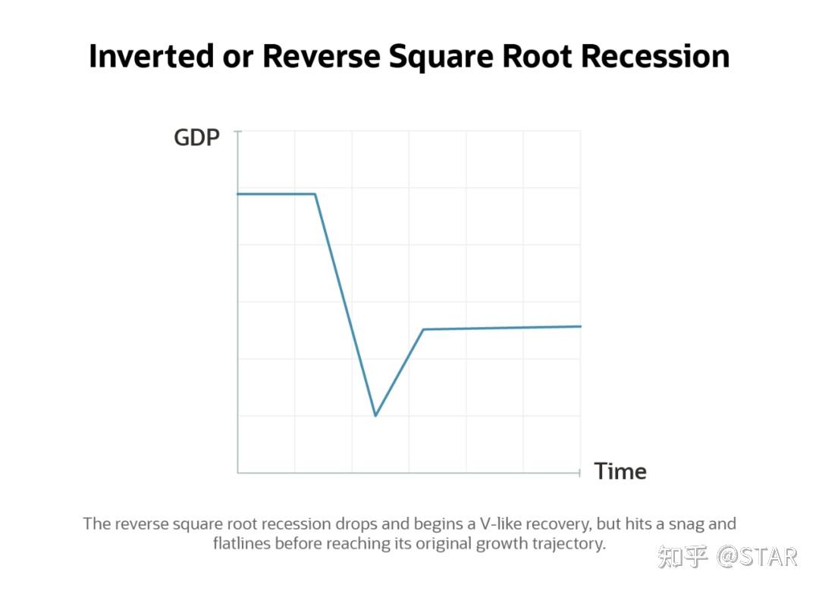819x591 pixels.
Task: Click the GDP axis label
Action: tap(196, 138)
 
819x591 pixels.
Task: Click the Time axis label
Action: tap(620, 471)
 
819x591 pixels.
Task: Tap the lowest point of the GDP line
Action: tap(375, 415)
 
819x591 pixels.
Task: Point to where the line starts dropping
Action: tap(315, 194)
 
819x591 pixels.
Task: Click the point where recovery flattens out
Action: tap(423, 330)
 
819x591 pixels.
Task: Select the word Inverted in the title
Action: tap(152, 56)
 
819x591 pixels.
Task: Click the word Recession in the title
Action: tap(655, 56)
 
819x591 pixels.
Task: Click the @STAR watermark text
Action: tap(757, 557)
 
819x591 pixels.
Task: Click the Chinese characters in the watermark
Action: tap(683, 557)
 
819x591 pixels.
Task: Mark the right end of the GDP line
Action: tap(581, 327)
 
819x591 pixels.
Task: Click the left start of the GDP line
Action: tap(237, 194)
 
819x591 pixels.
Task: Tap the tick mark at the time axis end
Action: tap(580, 473)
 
